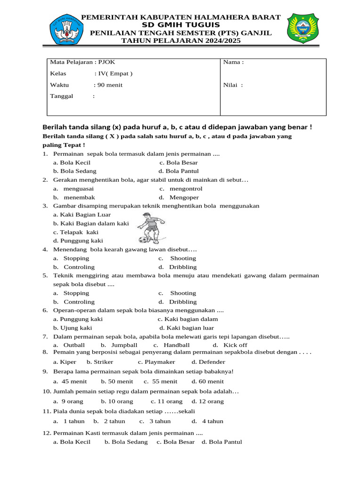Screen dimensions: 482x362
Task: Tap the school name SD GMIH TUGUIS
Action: click(181, 24)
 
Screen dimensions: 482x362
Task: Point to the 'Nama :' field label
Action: click(233, 62)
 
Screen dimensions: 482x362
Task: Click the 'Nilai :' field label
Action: click(233, 85)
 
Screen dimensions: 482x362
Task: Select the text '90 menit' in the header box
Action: click(109, 85)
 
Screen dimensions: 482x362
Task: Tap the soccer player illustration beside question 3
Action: click(151, 227)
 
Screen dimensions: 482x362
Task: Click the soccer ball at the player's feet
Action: click(144, 240)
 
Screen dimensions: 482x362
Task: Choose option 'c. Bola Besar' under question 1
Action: click(178, 162)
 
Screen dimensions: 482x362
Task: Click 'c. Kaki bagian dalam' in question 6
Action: click(188, 319)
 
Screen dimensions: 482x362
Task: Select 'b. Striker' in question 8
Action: click(100, 362)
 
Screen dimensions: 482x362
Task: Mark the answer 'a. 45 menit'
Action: click(70, 382)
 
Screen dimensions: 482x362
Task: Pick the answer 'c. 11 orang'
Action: click(166, 402)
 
